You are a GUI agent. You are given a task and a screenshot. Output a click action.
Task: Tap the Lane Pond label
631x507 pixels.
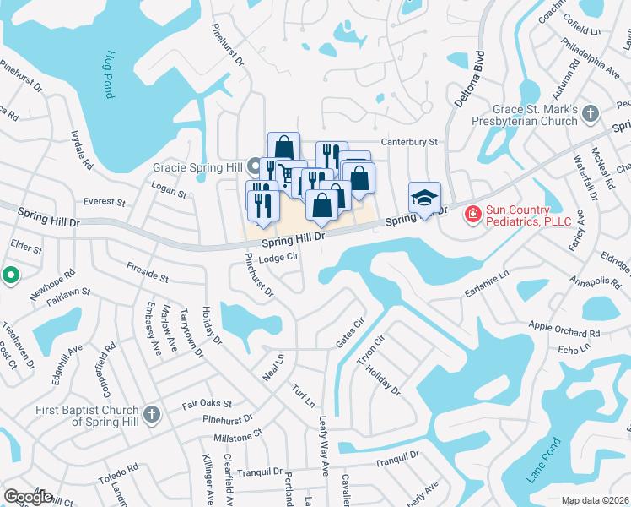coord(544,460)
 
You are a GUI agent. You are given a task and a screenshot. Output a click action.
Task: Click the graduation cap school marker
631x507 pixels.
coord(425,198)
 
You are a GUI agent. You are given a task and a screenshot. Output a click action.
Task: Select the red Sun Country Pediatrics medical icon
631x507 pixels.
coord(473,215)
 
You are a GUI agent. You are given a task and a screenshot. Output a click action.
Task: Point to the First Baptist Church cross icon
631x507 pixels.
coord(151,414)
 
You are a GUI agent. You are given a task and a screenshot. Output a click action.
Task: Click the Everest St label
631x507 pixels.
coord(104,203)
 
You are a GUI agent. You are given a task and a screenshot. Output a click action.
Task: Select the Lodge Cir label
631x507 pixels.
coord(279,259)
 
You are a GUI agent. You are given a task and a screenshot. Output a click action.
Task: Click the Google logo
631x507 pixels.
coord(28,497)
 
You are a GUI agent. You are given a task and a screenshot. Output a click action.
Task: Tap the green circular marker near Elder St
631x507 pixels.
coord(9,275)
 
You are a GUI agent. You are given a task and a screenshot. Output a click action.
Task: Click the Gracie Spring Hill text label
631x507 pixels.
coord(197,167)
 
